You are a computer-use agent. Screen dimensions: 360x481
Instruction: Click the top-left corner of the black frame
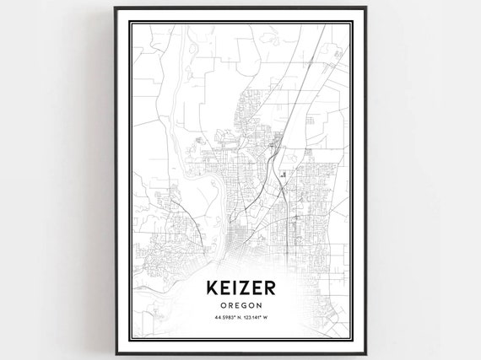pos(111,9)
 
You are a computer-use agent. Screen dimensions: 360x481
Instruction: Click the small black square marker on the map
pos(284,174)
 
